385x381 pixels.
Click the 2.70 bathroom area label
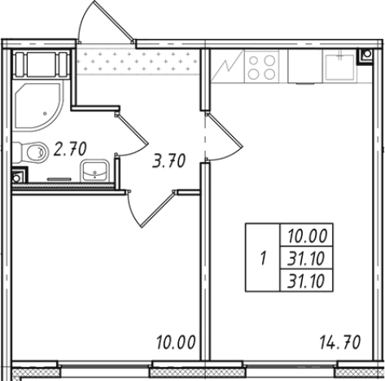[x=70, y=149]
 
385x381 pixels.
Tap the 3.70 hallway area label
[x=168, y=160]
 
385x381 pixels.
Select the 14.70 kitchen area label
[x=340, y=343]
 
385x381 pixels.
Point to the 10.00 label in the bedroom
[x=176, y=343]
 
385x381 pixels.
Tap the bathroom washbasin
[x=94, y=170]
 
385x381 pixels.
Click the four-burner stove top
[x=261, y=67]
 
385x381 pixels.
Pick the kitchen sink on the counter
[x=339, y=66]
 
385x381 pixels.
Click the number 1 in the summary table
[x=263, y=258]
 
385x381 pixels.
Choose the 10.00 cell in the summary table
[x=307, y=235]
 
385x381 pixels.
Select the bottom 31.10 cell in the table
[x=306, y=281]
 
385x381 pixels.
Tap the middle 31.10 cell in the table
[x=306, y=258]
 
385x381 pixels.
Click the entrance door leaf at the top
[x=114, y=21]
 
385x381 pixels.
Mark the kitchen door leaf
[x=225, y=130]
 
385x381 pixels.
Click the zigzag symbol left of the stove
[x=227, y=67]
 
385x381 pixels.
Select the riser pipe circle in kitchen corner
[x=367, y=54]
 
